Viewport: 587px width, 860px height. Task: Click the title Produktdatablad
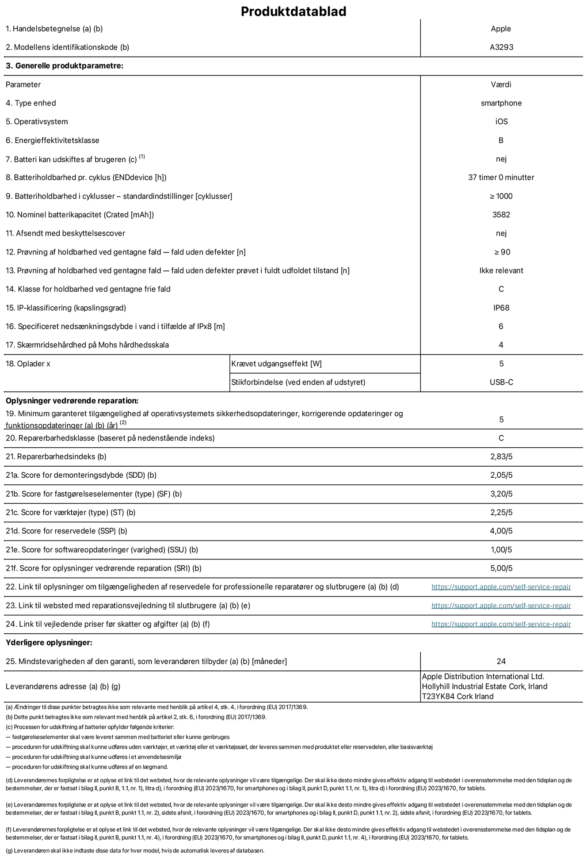click(293, 11)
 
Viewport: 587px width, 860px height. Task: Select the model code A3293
click(501, 47)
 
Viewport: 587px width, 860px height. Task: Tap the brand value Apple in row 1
click(501, 29)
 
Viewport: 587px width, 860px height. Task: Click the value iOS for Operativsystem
click(501, 122)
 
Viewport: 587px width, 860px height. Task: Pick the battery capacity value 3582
click(501, 215)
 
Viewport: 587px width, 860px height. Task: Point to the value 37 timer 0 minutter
click(501, 178)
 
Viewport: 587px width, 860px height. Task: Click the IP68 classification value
click(501, 308)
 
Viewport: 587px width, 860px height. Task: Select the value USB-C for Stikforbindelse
click(501, 382)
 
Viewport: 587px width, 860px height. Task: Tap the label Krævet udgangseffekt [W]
click(276, 364)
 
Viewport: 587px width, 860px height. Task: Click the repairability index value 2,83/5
click(501, 457)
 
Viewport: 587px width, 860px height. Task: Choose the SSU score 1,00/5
click(501, 550)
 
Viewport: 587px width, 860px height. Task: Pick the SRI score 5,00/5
click(501, 569)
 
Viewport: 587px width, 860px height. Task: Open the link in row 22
click(501, 587)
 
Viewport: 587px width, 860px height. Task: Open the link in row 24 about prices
click(501, 624)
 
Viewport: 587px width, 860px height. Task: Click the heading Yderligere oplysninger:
click(49, 643)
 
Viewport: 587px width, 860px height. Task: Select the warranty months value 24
click(501, 662)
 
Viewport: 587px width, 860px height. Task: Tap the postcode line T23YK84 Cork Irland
click(457, 697)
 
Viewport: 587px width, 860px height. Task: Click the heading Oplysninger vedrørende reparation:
click(72, 401)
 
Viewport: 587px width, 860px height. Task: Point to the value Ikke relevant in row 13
click(501, 271)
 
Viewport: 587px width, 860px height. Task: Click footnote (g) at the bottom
click(135, 851)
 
